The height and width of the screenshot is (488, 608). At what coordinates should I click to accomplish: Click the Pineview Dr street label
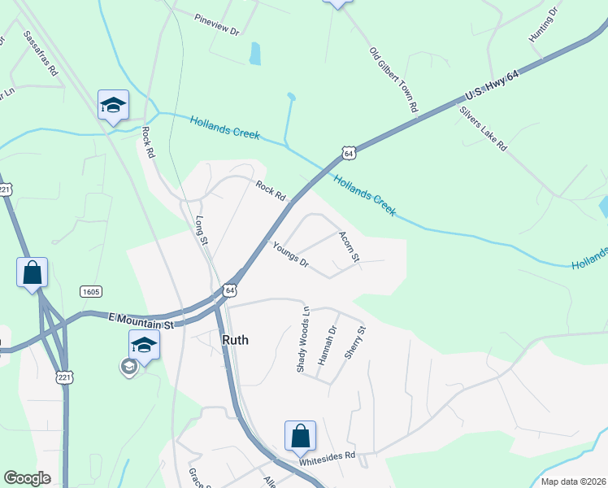216,24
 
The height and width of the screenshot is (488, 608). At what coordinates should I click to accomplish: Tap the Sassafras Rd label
41,54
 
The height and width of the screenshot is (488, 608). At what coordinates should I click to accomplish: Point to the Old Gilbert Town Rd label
393,79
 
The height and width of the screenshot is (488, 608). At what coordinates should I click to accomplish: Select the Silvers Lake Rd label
483,129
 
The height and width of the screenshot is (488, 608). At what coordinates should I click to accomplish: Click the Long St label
201,227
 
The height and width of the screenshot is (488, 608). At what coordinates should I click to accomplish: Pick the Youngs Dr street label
291,255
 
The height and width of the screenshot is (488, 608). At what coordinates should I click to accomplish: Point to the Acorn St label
348,246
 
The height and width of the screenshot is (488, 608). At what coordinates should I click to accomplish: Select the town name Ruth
235,341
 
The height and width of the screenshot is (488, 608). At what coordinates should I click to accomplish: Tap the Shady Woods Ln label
302,339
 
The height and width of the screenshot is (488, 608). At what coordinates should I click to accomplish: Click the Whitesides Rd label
327,456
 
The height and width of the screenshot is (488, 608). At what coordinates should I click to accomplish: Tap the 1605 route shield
90,291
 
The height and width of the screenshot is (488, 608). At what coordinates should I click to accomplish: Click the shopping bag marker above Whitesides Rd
300,436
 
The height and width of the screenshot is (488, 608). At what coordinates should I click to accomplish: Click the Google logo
27,478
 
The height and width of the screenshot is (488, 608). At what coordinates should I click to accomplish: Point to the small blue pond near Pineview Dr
255,54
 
